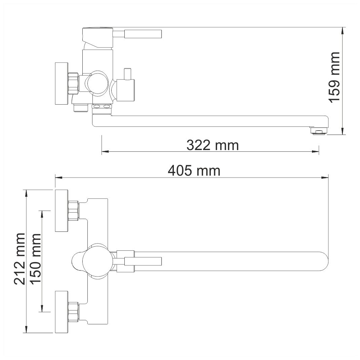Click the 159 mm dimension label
click(x=334, y=77)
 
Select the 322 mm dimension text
click(x=212, y=145)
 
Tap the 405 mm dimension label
click(x=194, y=171)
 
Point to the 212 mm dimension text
click(x=20, y=259)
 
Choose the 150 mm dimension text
click(x=36, y=259)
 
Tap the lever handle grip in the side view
click(x=143, y=34)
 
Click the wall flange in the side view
click(x=62, y=83)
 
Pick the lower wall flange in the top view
click(x=62, y=312)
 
